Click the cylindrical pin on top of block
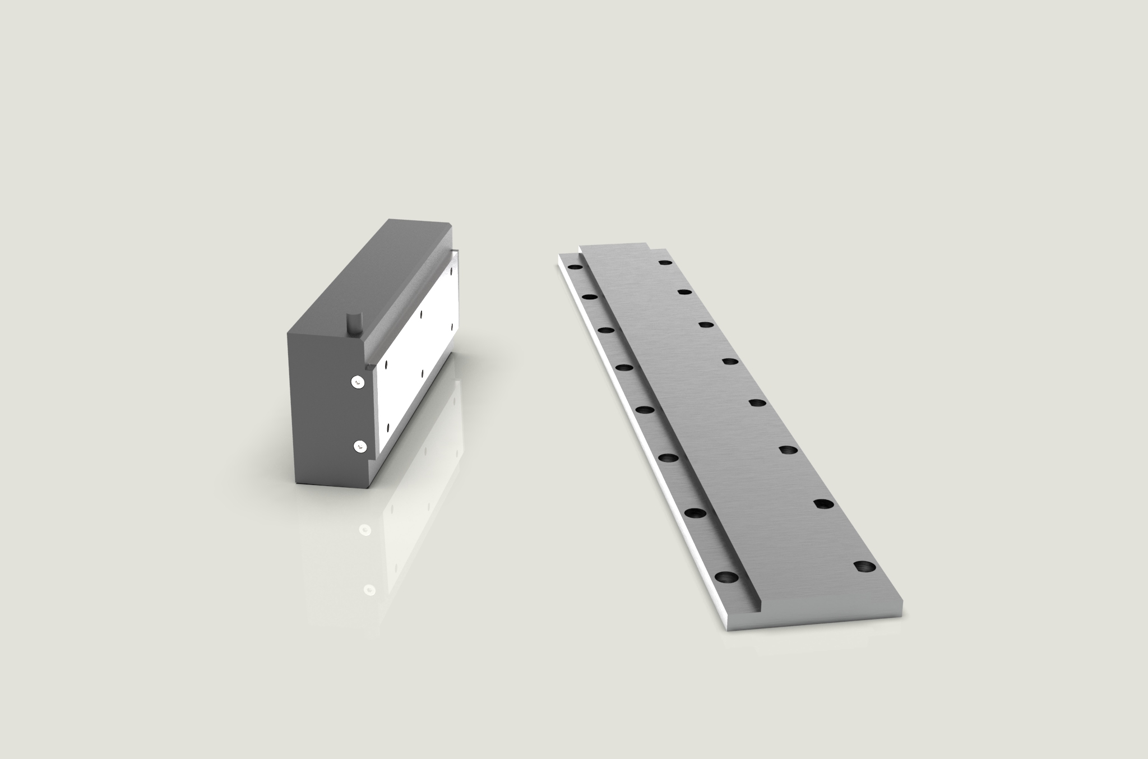(354, 323)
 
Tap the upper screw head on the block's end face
(358, 382)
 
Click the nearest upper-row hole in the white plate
(386, 365)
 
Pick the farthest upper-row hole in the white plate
(451, 270)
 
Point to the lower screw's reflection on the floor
(369, 590)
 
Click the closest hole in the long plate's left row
(726, 577)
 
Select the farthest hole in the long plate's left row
(575, 267)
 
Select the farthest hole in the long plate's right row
(665, 262)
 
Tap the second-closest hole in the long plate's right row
(822, 504)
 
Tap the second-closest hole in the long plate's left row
(695, 512)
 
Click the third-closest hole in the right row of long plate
(788, 450)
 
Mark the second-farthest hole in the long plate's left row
(589, 295)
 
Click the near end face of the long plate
(813, 624)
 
